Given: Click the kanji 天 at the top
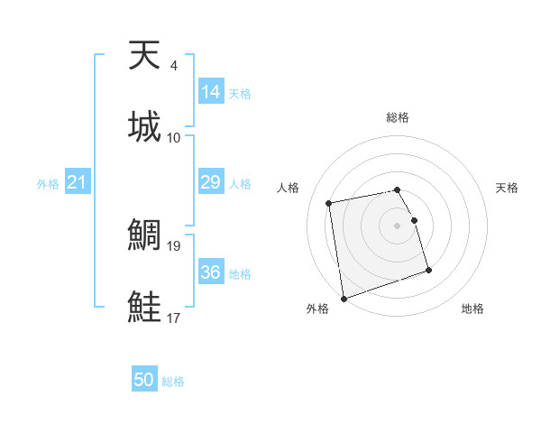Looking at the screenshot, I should coord(145,56).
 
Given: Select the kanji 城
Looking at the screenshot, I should coord(145,126).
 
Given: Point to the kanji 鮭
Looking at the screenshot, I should coord(145,307).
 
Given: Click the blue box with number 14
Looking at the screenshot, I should coord(211,93).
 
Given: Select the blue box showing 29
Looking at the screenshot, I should coord(211,182).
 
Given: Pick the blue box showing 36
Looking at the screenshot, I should coord(211,272).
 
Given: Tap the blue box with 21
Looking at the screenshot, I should coord(77,182).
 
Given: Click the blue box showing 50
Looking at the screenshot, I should coord(144,380).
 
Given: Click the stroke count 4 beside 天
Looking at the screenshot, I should coord(173,66).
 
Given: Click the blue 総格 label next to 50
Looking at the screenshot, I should coord(173,382).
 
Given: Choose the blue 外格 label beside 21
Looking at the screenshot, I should coord(48,184).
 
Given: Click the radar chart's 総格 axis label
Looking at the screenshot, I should coord(398,117).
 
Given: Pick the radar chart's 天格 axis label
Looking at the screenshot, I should coord(507,188).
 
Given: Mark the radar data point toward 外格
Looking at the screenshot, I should coord(343,298).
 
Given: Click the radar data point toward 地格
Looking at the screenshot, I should coord(428,270).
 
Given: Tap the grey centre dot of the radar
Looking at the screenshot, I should coord(398,226).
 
